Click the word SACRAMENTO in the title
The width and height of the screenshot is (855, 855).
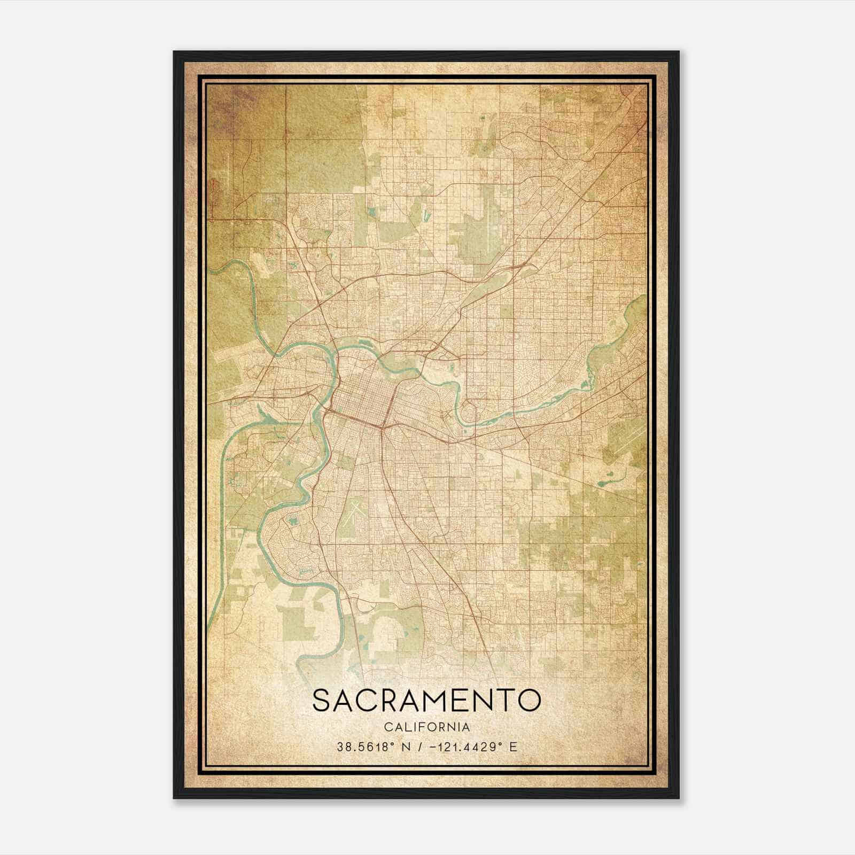click(426, 701)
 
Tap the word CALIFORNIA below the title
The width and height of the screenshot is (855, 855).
click(426, 727)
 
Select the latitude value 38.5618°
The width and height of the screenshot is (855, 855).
click(366, 747)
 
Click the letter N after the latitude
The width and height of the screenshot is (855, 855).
click(406, 747)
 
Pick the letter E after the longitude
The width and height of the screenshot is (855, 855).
click(514, 747)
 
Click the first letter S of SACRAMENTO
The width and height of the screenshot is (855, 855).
click(322, 701)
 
